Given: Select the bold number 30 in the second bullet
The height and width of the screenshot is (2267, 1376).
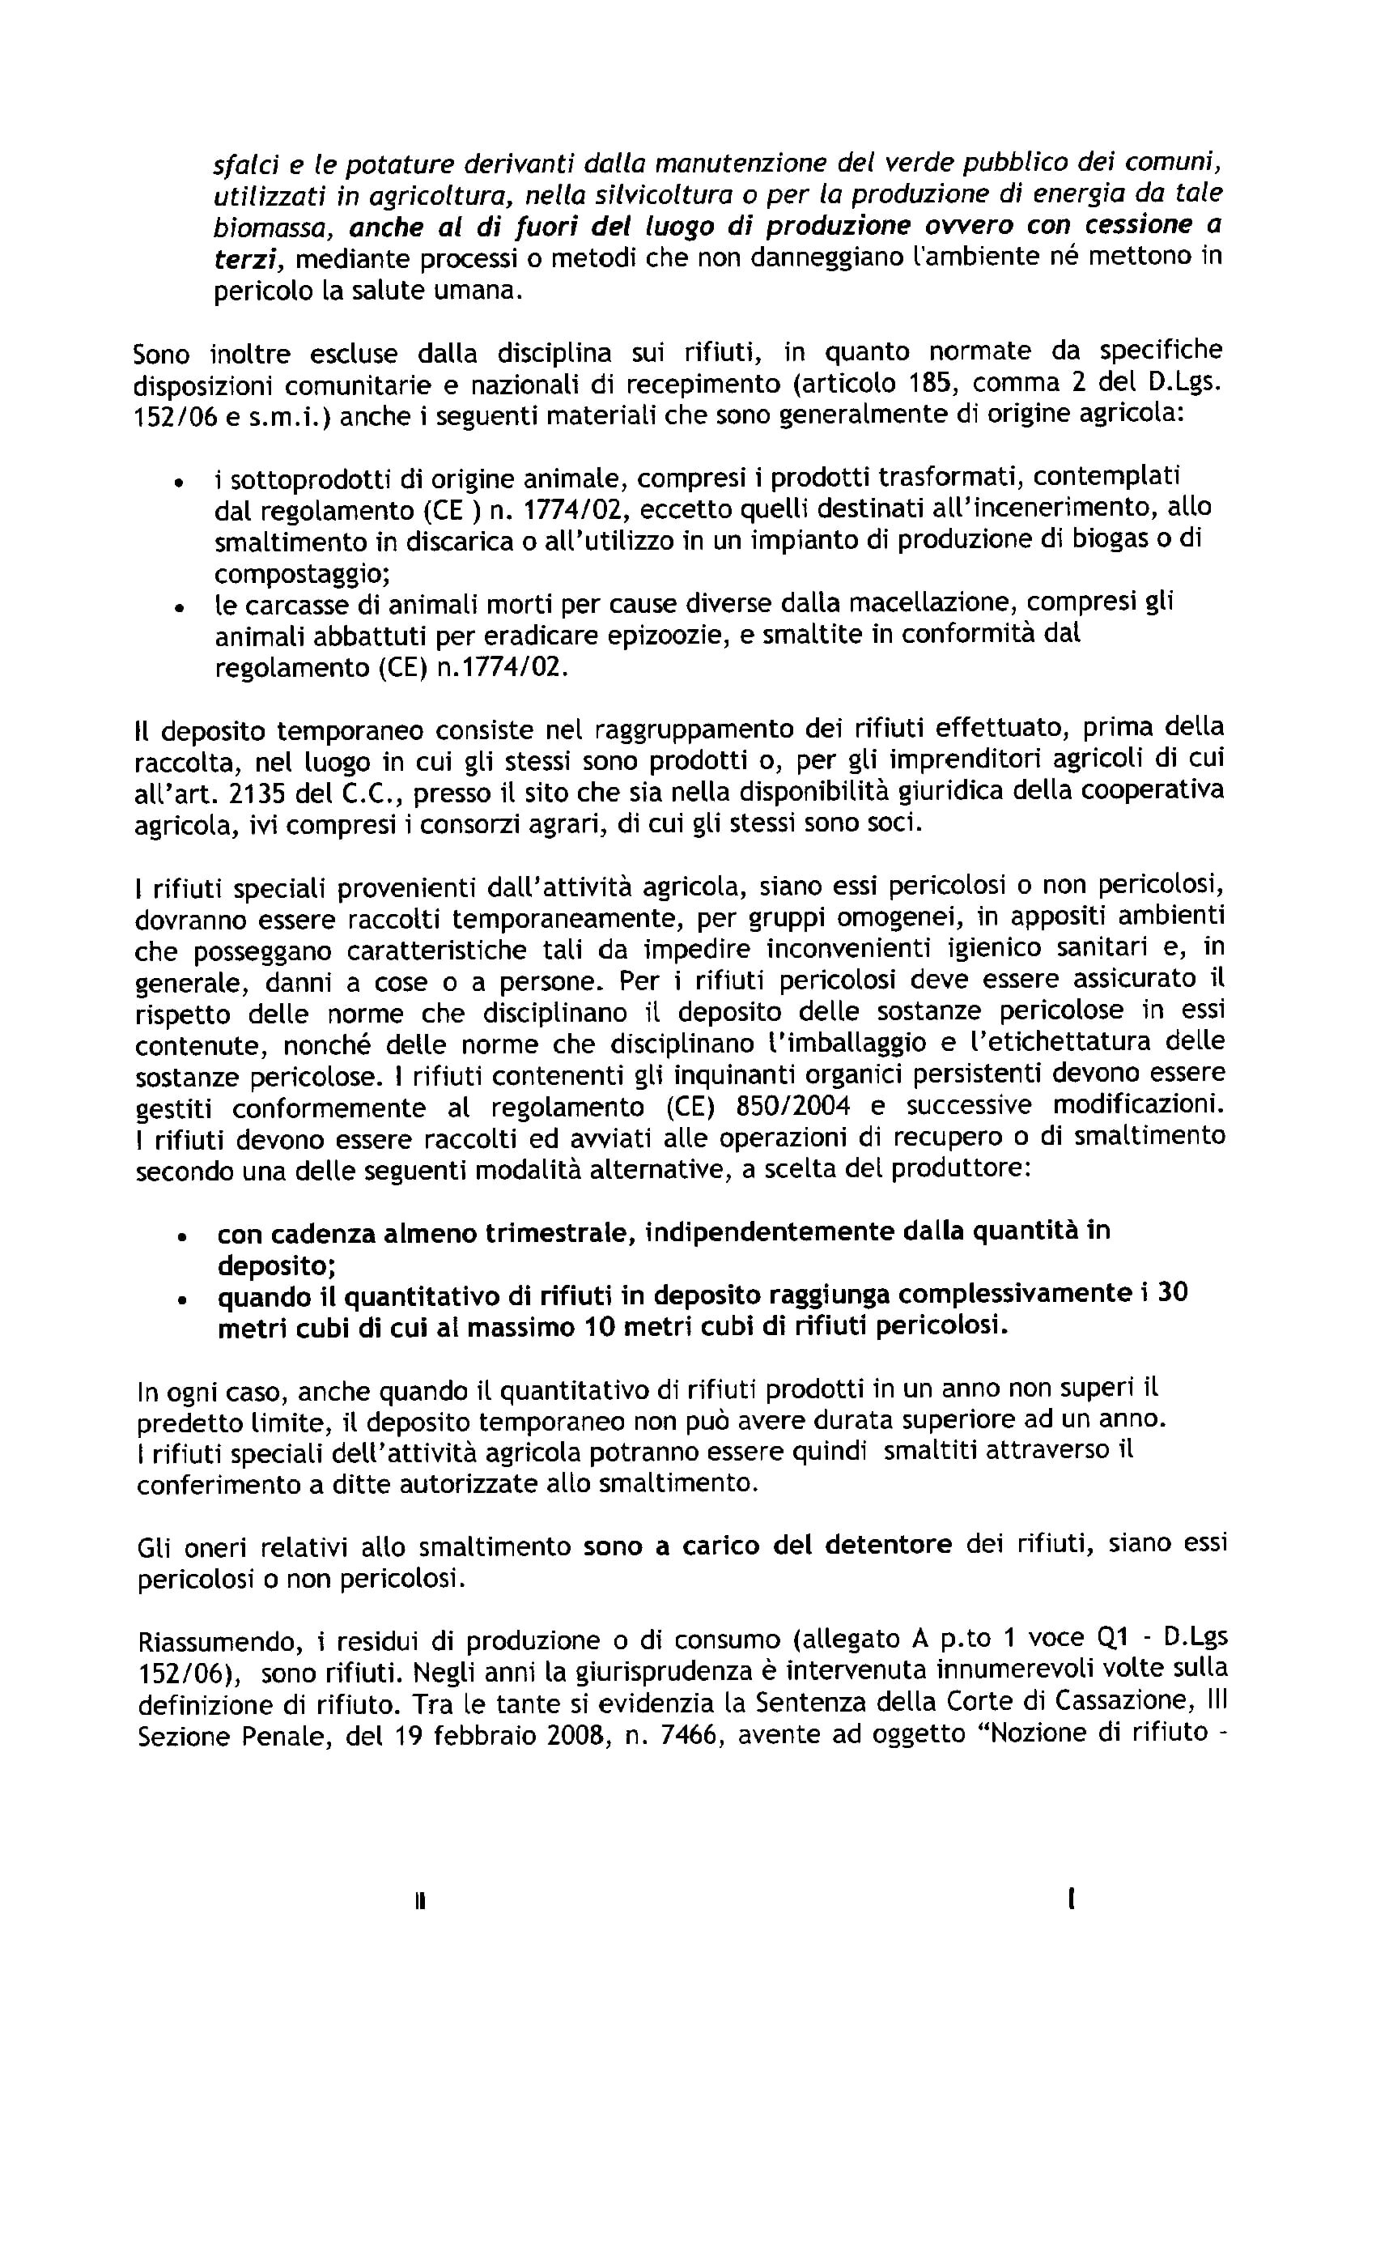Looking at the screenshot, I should click(1172, 1294).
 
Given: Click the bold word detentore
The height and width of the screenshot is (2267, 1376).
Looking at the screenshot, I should click(888, 1544).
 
